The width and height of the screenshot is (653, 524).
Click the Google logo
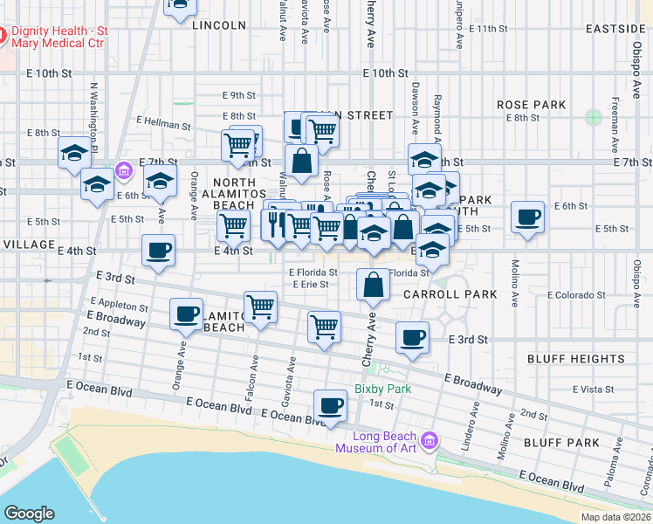click(29, 514)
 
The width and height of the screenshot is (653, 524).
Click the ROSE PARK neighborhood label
click(532, 105)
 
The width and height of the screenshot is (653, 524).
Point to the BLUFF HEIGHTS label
click(575, 359)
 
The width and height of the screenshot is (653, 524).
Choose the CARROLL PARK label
click(450, 294)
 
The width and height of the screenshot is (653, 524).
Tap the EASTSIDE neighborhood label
click(615, 29)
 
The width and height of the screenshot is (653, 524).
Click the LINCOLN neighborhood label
click(218, 25)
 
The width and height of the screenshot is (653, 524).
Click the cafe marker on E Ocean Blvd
click(329, 406)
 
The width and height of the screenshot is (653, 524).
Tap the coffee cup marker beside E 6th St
click(526, 218)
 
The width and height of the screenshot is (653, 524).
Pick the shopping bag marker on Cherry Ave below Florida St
click(373, 286)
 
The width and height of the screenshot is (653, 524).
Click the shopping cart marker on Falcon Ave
click(260, 309)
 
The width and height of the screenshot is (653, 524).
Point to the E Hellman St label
click(163, 125)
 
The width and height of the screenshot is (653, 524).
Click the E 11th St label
click(487, 29)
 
